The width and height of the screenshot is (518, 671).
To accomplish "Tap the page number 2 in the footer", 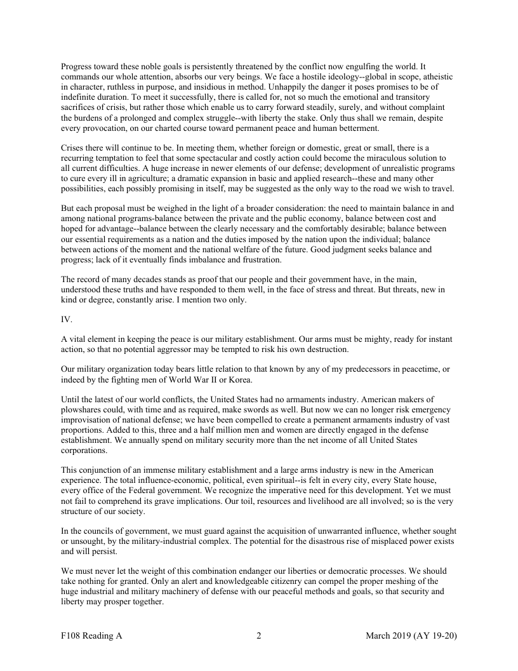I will [x=259, y=635].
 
